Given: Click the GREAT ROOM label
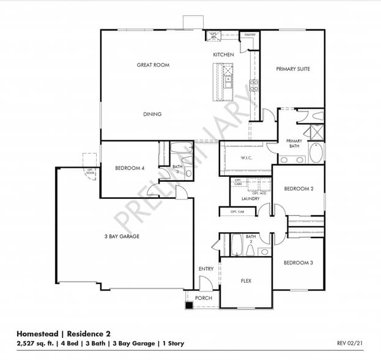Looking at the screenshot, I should (x=153, y=65).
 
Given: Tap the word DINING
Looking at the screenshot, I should (x=152, y=114).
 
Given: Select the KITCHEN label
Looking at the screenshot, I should (x=223, y=55).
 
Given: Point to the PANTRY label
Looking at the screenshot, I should (x=250, y=35).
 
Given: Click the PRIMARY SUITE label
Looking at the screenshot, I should (x=292, y=69).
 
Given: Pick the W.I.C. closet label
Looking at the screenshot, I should (x=246, y=158).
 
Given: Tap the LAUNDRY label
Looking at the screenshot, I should (x=251, y=198).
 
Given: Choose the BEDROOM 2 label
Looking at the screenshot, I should (x=298, y=189).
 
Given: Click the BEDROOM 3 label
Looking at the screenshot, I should (x=298, y=262).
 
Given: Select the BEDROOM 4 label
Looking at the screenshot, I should (x=130, y=168).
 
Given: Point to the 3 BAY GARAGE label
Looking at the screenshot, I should (x=121, y=236).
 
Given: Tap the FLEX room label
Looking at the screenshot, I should (x=246, y=281).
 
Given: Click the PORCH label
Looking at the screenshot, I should (x=203, y=298).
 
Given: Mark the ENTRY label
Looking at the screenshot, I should (x=206, y=269).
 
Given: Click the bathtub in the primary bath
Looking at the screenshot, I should (x=317, y=152).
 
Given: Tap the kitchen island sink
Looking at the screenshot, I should (x=227, y=80).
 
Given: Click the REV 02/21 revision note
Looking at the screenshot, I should (x=350, y=343).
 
